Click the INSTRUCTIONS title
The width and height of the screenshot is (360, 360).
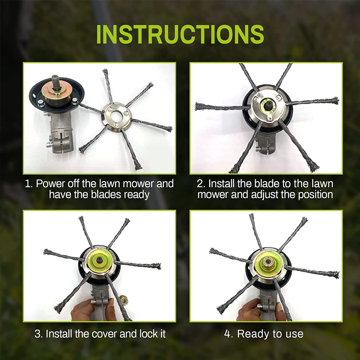click(x=180, y=35)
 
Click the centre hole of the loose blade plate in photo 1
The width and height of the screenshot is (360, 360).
click(x=116, y=112)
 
